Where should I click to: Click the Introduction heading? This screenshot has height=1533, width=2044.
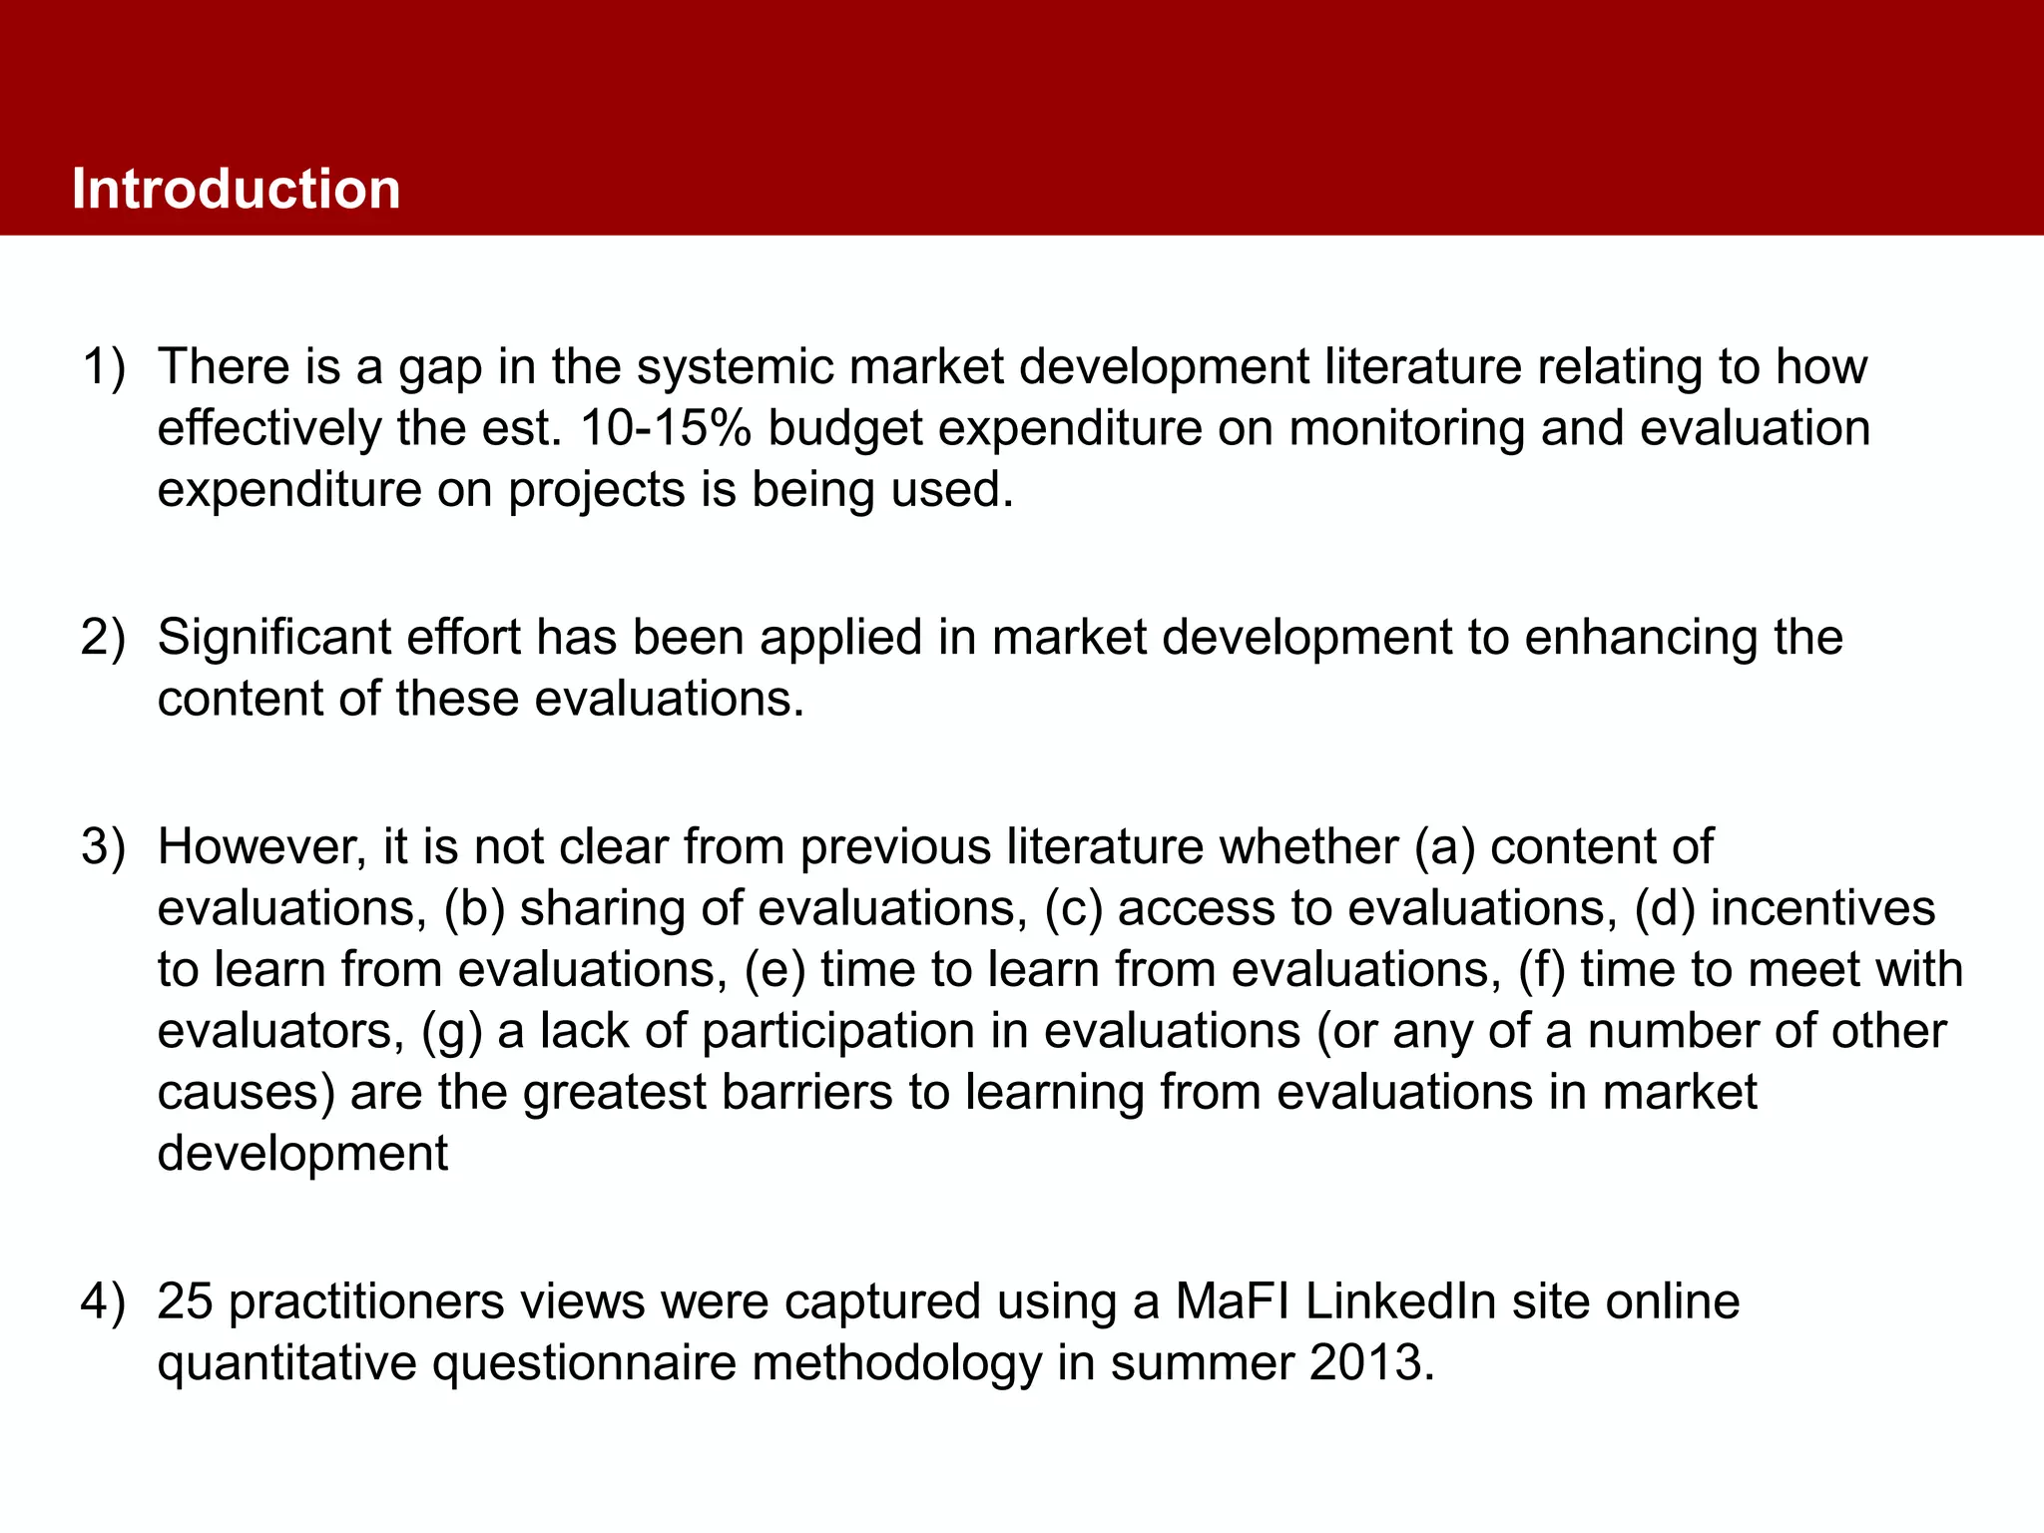click(x=236, y=189)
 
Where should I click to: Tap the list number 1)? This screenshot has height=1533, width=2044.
click(x=104, y=367)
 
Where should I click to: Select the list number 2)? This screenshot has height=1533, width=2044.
click(x=104, y=638)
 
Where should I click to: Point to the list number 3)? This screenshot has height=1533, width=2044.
click(x=104, y=847)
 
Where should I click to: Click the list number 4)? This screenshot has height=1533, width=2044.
click(x=104, y=1302)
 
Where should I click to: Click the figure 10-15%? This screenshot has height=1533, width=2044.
click(x=665, y=429)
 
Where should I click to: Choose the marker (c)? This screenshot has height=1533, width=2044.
click(x=1073, y=909)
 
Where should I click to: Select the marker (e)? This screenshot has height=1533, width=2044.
click(x=774, y=970)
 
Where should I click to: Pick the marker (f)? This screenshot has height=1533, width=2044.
click(x=1540, y=970)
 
